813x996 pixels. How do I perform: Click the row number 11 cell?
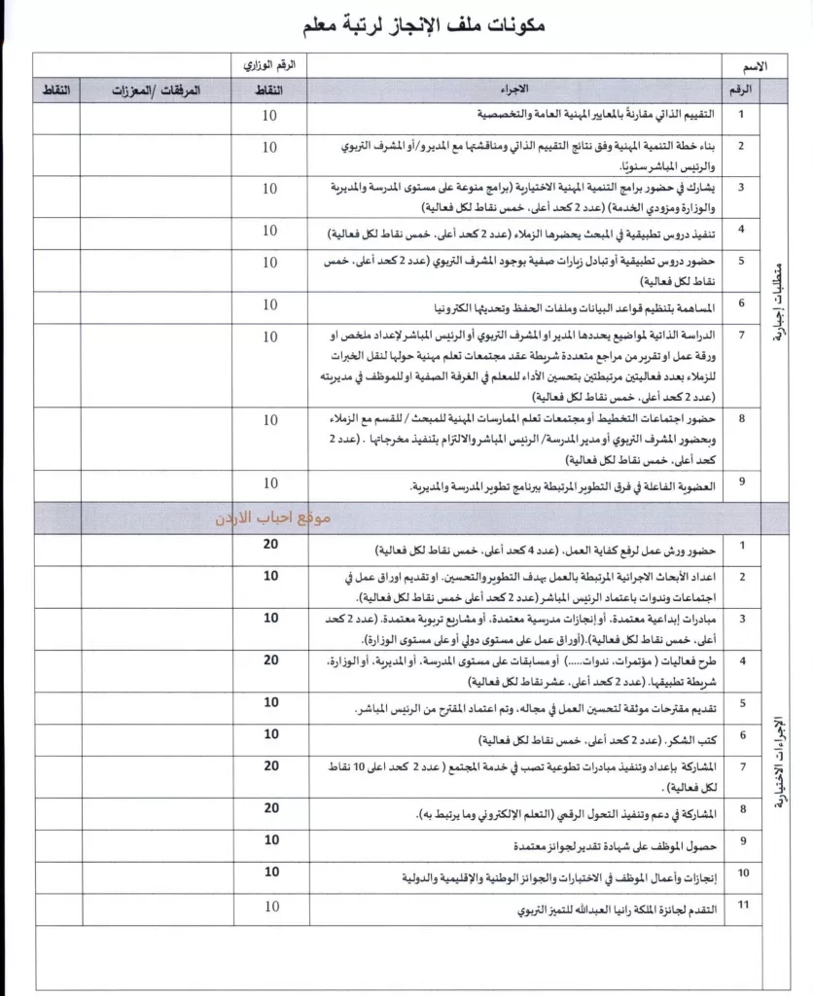pyautogui.click(x=742, y=907)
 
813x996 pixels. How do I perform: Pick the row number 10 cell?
pyautogui.click(x=742, y=872)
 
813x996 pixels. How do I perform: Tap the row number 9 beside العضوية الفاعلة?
pyautogui.click(x=742, y=480)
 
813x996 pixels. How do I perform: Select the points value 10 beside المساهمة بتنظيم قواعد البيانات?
pyautogui.click(x=270, y=304)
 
